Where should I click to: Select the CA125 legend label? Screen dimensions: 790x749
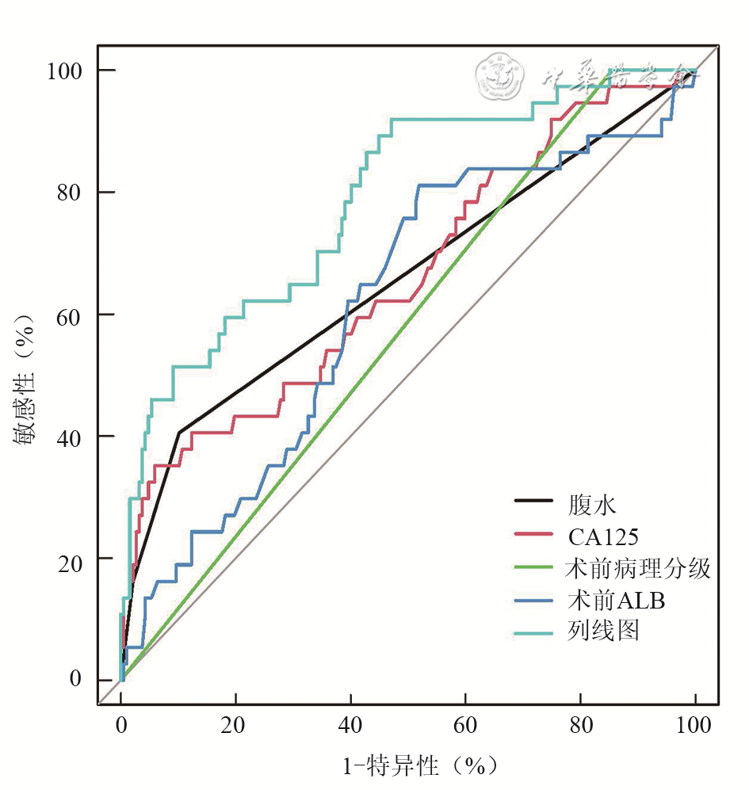click(x=602, y=536)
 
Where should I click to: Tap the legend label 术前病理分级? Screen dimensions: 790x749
click(x=638, y=568)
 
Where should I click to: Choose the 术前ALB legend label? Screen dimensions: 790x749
click(x=615, y=600)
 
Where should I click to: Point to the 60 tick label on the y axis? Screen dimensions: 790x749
click(x=68, y=314)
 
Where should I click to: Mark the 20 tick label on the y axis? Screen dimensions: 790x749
click(x=68, y=558)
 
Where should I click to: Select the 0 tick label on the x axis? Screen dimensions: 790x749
click(x=121, y=725)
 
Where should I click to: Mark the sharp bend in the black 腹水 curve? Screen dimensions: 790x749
click(x=179, y=432)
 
